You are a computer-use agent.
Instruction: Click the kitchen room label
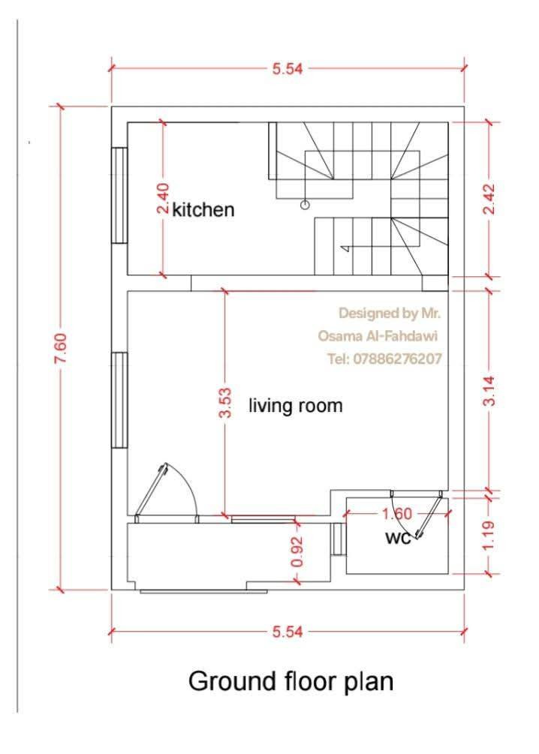pos(203,210)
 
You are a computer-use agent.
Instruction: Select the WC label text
pos(399,538)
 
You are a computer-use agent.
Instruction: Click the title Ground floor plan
pos(291,682)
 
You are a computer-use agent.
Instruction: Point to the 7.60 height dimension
pos(61,347)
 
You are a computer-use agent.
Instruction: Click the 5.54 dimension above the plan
pos(288,69)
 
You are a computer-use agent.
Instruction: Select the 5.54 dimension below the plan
pos(288,632)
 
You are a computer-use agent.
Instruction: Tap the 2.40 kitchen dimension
pos(163,197)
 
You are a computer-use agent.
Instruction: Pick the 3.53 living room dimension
pos(225,403)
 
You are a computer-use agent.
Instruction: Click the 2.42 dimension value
pos(489,199)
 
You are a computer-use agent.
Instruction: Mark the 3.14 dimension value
pos(489,390)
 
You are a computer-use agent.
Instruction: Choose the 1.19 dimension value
pos(489,536)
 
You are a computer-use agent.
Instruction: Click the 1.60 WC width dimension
pos(398,514)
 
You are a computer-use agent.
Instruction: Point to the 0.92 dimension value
pos(298,551)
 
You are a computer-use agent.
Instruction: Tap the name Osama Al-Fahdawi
pos(378,335)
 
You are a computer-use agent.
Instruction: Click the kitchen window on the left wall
pos(120,196)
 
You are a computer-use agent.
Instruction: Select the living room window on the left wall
pos(120,400)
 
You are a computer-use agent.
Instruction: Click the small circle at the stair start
pos(305,206)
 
